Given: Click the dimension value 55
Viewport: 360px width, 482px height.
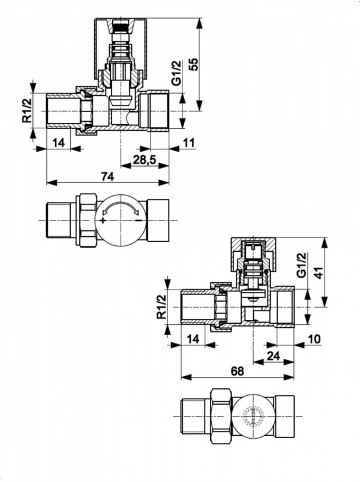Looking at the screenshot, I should pos(193,64).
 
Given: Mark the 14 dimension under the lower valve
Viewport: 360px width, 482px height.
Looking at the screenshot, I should pos(193,339).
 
